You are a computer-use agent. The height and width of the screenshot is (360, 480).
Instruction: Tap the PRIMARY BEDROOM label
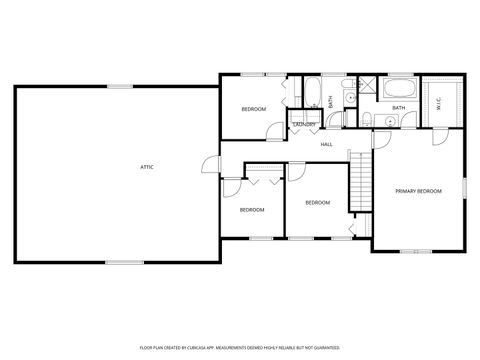click(x=418, y=190)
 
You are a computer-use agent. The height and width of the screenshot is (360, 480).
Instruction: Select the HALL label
click(x=326, y=145)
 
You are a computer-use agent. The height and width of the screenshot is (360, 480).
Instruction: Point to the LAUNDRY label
click(x=304, y=124)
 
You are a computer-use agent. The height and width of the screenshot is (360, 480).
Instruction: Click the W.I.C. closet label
click(x=440, y=102)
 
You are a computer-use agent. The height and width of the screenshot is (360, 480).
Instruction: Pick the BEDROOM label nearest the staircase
click(x=317, y=202)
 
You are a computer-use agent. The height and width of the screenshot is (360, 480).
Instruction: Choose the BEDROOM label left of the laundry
click(x=254, y=108)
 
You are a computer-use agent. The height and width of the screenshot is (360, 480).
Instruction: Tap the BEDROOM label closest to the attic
click(x=251, y=209)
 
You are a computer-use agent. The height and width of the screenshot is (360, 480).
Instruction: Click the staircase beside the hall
click(x=358, y=180)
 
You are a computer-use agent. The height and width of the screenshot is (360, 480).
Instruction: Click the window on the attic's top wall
click(x=121, y=86)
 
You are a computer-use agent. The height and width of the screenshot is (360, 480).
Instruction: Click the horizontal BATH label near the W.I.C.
click(x=398, y=108)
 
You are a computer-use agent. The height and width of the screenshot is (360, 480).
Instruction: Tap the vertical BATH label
click(x=331, y=101)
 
